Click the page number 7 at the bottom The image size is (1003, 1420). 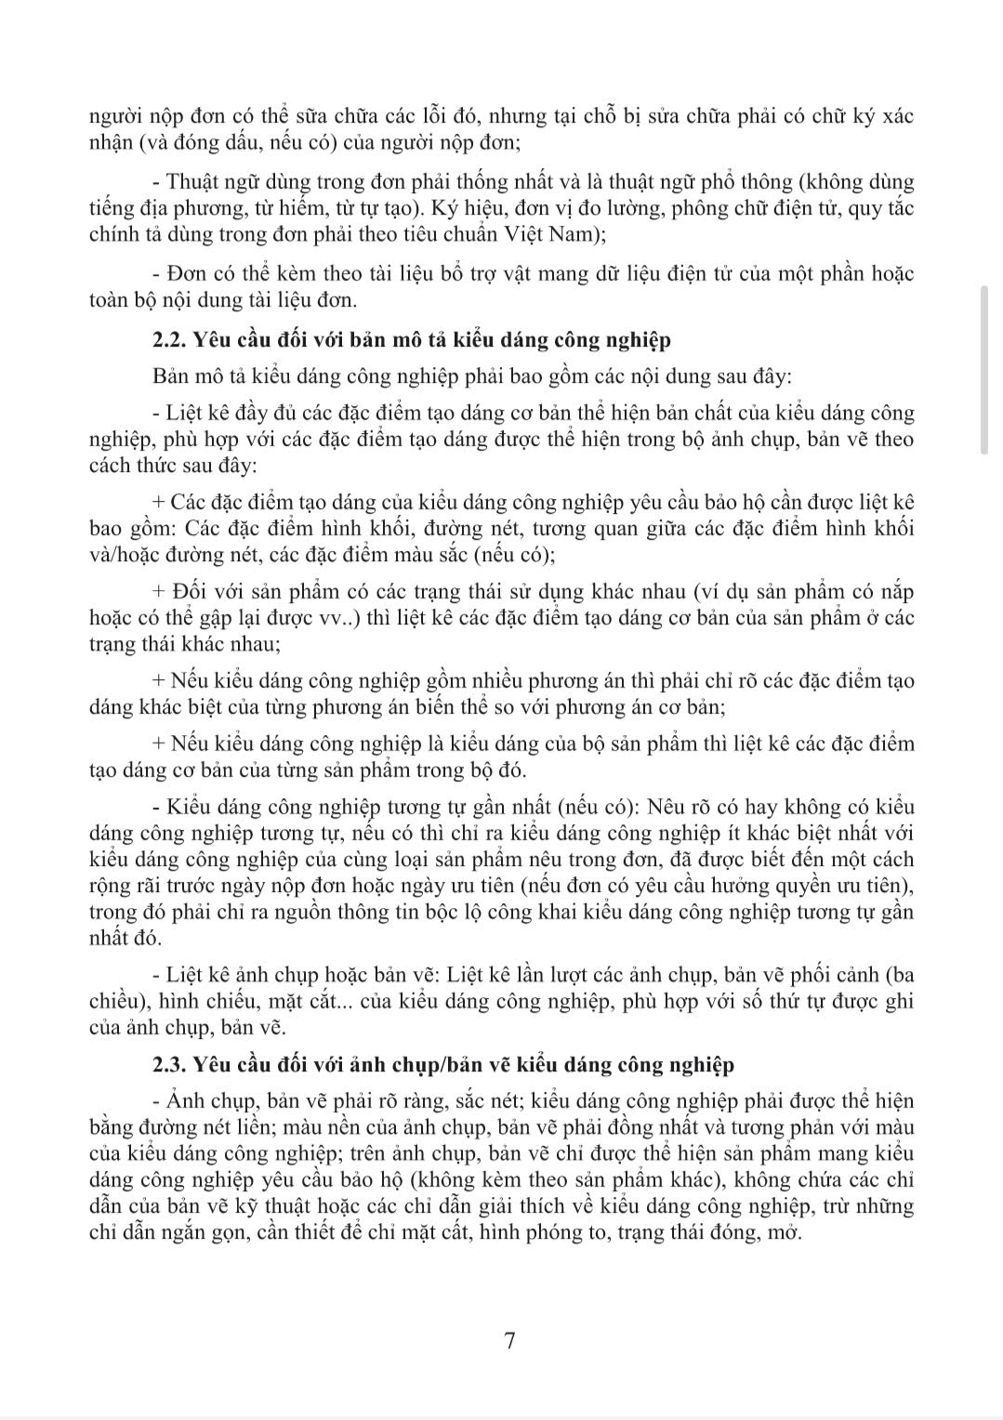[508, 1340]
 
